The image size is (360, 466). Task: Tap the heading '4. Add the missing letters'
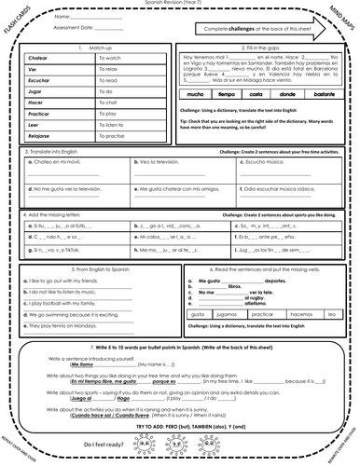66,240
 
